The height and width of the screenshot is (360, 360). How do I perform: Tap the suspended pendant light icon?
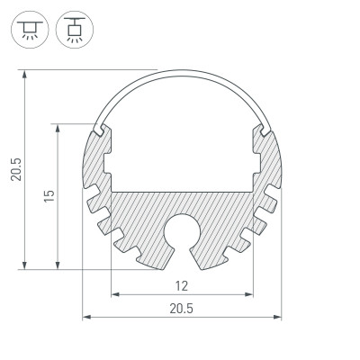click(71, 30)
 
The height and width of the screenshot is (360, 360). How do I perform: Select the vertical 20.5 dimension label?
click(15, 168)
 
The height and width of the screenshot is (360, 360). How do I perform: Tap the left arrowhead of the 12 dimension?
click(114, 294)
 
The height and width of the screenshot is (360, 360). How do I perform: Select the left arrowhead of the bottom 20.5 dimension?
click(86, 317)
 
